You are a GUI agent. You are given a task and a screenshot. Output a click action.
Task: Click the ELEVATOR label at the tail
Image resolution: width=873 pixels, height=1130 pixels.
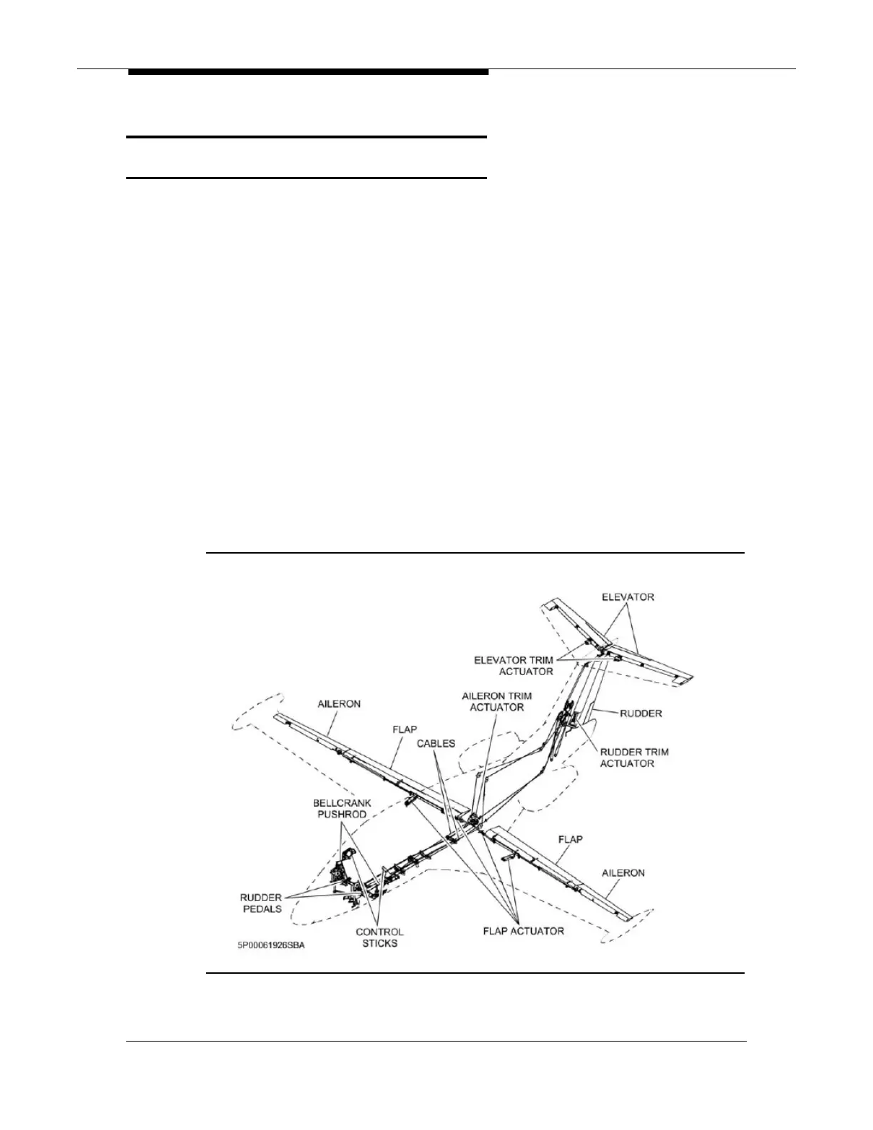click(x=628, y=596)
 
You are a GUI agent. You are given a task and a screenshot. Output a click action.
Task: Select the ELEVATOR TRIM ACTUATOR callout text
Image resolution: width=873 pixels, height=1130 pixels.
click(x=514, y=666)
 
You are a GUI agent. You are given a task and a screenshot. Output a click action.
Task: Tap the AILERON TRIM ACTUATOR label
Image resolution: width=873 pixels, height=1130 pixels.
click(x=496, y=701)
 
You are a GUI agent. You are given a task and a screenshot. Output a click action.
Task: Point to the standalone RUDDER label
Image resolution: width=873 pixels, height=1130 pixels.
click(x=640, y=713)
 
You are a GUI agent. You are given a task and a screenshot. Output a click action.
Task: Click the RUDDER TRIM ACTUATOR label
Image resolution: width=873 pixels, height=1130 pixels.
click(x=634, y=758)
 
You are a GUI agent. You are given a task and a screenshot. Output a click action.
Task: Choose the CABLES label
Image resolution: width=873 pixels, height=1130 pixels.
click(x=436, y=743)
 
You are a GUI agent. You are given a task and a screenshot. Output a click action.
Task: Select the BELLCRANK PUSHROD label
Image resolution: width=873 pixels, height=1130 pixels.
click(x=342, y=808)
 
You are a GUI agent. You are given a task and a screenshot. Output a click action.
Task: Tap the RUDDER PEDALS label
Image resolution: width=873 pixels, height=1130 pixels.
click(x=260, y=903)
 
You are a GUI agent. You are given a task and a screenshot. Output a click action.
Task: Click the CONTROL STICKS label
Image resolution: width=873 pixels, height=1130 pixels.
click(x=379, y=937)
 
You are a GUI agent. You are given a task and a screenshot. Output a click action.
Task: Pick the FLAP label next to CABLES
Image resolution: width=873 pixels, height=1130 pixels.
click(x=404, y=730)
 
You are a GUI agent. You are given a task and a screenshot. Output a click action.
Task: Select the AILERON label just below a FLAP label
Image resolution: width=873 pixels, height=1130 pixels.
click(x=623, y=872)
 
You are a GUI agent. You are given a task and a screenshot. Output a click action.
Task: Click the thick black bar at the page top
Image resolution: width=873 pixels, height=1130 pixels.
click(x=308, y=72)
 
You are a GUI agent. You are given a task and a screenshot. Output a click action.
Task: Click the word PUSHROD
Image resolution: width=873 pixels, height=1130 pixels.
click(x=342, y=814)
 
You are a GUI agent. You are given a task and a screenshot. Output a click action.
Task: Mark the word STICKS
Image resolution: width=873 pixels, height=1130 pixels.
click(x=379, y=943)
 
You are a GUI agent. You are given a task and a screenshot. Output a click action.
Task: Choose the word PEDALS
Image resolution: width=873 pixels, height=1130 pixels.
click(x=260, y=909)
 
